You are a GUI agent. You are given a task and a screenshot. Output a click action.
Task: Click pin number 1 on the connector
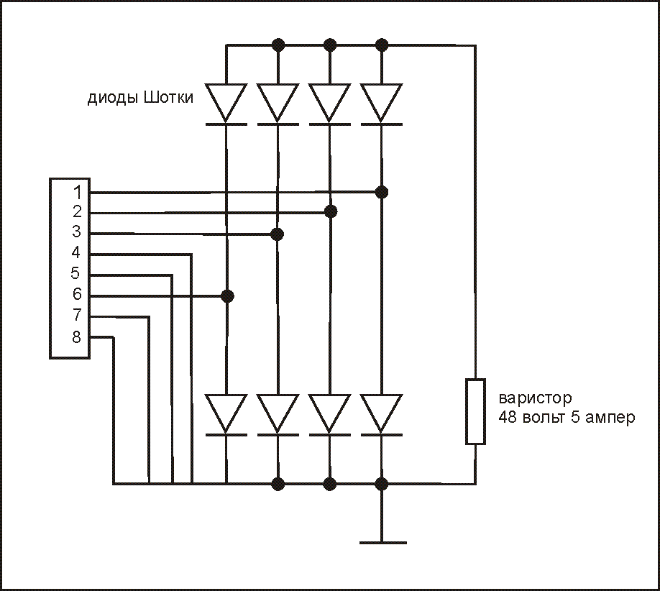tap(77, 192)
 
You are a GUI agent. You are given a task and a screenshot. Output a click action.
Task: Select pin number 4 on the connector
tap(77, 253)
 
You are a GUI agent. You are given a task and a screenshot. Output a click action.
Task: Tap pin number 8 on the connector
tap(77, 336)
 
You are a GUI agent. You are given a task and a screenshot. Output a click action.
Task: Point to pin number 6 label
tap(77, 295)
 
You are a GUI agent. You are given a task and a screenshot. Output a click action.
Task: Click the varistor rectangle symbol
tap(475, 411)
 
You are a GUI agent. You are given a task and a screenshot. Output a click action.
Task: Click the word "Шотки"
tap(168, 98)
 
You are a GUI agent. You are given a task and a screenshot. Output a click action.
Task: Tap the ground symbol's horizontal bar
tap(382, 542)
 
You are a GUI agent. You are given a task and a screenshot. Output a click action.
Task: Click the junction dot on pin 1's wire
tap(382, 192)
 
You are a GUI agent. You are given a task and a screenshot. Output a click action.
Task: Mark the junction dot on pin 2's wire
tap(330, 211)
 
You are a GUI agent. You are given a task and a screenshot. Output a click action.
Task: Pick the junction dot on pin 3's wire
tap(278, 234)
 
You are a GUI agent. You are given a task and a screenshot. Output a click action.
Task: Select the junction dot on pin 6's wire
tap(227, 295)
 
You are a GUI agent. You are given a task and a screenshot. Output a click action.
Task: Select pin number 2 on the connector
tap(77, 212)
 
